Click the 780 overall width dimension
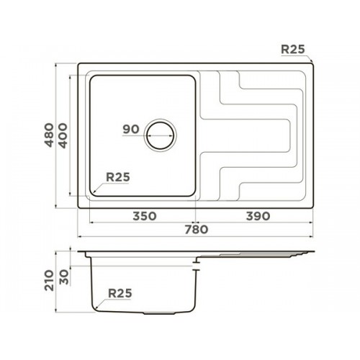pos(196,230)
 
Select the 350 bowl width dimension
pos(145,216)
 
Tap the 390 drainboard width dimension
pos(258,216)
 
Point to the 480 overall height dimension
pos(50,135)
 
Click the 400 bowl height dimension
pos(63,135)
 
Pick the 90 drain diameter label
pos(131,130)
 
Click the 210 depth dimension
pos(50,280)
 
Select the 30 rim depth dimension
pos(64,277)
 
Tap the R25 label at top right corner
pos(293,50)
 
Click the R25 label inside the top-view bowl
pos(118,177)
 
